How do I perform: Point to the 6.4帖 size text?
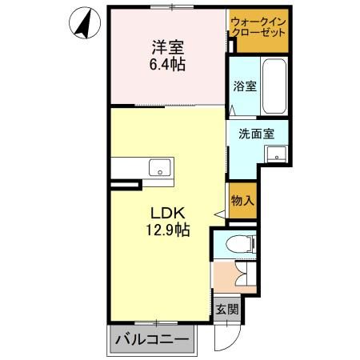point(166,65)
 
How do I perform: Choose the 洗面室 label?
point(250,134)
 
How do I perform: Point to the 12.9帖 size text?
point(167,231)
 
